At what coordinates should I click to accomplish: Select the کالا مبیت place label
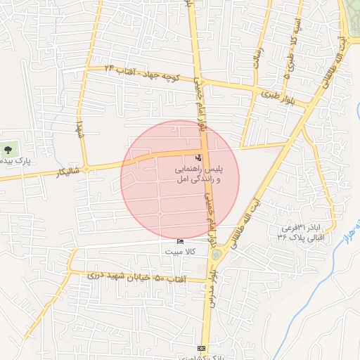tap(181, 250)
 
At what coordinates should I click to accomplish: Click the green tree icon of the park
tap(8, 149)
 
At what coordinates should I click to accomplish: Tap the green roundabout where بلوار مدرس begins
tap(216, 253)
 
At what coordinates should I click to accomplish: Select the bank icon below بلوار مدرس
tap(202, 348)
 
